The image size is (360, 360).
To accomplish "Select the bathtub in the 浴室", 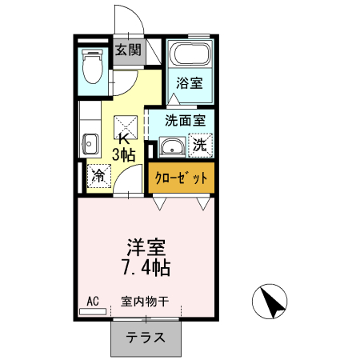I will tap(191, 57).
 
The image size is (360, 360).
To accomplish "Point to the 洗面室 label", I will tap(185, 121).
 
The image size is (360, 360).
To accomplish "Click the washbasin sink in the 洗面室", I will tap(170, 146).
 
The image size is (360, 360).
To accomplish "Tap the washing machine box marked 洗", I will tap(201, 146).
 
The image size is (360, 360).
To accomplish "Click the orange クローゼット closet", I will tap(182, 178).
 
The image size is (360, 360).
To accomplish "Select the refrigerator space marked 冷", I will tap(98, 174).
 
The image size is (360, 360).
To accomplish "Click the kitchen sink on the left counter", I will tap(88, 144).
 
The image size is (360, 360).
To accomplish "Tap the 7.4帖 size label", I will tap(145, 267).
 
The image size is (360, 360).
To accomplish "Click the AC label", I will tap(92, 301).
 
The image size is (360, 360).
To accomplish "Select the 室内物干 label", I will tap(145, 302).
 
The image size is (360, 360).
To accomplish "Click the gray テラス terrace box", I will tap(145, 338).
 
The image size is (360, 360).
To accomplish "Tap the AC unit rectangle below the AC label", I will tap(93, 310).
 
